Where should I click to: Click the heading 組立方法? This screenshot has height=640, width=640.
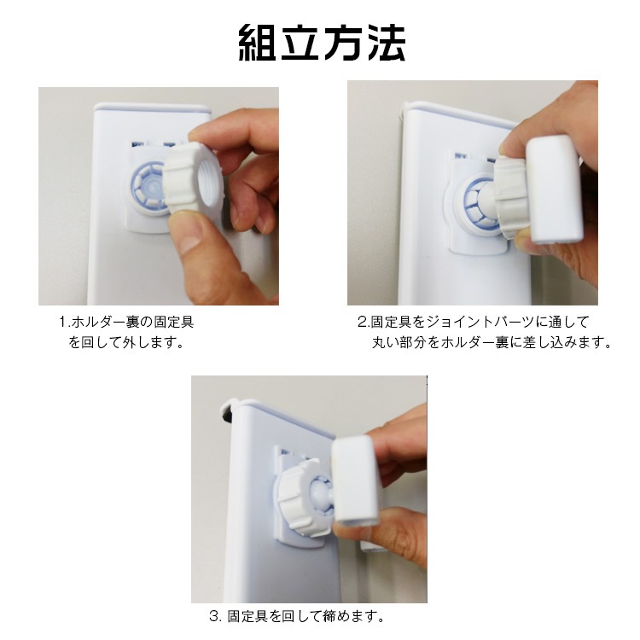coord(322,44)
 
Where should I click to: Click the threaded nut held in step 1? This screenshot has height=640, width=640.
coord(193,178)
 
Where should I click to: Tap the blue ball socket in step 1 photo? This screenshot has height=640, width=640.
coord(149,189)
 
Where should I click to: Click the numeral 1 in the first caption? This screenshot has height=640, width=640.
coord(63,322)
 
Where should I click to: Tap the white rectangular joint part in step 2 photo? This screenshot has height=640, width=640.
coord(554,189)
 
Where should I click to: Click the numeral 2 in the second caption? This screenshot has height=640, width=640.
coord(363,322)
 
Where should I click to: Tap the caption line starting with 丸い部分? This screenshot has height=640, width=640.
coord(492,342)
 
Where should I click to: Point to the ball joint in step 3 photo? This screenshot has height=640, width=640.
coord(322,495)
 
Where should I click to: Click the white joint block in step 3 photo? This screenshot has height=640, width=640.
coord(356,480)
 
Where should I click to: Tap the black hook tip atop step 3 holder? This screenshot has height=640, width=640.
coord(226,416)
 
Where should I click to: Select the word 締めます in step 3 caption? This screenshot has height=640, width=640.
coord(349,616)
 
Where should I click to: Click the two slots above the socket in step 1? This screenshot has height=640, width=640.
coord(154,144)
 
